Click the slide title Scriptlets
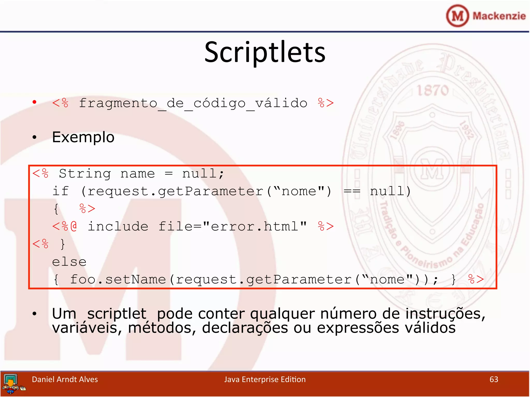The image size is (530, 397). click(265, 52)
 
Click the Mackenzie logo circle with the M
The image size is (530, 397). click(457, 16)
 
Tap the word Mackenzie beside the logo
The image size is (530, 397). click(499, 16)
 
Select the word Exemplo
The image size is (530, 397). click(83, 137)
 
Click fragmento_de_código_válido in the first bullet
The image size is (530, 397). click(193, 103)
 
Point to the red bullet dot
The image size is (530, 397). click(34, 102)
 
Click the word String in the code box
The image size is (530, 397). click(85, 173)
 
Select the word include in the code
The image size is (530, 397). click(118, 226)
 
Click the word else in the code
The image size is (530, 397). click(69, 262)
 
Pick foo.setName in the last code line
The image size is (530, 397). click(118, 279)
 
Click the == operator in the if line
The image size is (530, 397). click(352, 192)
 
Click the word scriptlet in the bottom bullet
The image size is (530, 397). click(117, 314)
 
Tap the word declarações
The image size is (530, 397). click(245, 328)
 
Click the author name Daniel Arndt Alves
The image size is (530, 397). click(65, 379)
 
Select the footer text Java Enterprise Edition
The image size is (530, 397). click(265, 379)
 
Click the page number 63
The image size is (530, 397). click(494, 379)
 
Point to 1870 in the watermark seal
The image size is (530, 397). click(433, 90)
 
